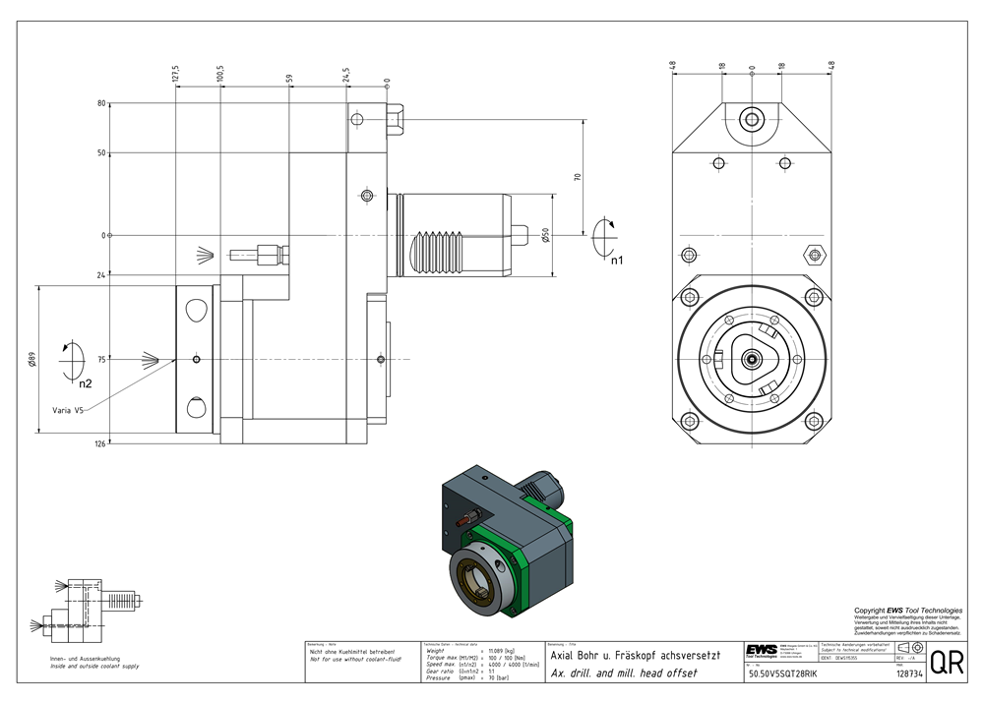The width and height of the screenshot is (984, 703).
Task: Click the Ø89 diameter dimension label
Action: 32,360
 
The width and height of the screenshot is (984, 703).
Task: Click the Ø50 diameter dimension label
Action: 544,236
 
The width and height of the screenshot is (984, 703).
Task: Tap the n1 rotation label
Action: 616,261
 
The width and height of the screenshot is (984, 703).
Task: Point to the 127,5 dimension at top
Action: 176,74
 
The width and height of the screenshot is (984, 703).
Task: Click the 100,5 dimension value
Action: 221,74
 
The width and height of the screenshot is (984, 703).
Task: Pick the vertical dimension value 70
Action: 578,177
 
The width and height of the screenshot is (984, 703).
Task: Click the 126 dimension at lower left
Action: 99,443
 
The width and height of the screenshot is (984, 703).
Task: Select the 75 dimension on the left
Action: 101,360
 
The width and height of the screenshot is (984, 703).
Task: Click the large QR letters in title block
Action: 947,662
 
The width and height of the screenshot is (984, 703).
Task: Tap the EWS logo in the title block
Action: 761,653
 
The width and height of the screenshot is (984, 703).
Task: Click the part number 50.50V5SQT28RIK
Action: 782,674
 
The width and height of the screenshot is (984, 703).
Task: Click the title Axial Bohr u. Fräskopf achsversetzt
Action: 635,655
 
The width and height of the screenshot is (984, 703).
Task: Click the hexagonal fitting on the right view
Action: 813,256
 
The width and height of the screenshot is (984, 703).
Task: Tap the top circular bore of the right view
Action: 752,119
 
